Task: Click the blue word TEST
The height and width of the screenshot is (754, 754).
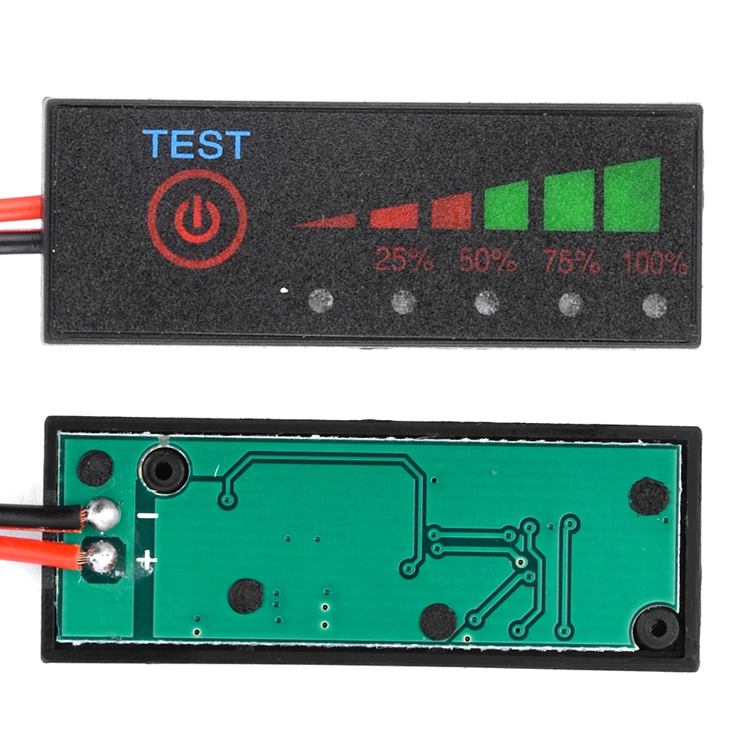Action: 197,143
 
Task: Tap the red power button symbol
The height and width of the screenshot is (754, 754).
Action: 197,219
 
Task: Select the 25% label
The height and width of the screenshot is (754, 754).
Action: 404,260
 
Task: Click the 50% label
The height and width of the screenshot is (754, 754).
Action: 488,260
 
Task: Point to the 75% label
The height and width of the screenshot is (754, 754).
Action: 572,261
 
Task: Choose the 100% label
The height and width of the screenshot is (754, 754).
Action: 655,262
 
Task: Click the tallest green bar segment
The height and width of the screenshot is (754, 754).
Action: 633,195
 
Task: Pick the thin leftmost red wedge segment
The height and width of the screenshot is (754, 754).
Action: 324,221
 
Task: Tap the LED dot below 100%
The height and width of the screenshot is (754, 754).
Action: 655,305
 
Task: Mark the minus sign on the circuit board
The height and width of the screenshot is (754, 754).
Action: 148,516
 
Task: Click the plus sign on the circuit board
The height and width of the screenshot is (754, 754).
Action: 147,560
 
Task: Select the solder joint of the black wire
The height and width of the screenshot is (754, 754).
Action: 102,514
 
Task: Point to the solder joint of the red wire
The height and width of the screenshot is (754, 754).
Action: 102,557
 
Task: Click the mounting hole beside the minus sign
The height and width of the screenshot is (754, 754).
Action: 164,470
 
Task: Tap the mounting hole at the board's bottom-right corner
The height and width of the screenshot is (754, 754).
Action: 657,627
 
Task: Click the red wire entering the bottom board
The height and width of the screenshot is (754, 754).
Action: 38,552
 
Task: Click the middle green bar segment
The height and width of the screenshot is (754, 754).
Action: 569,201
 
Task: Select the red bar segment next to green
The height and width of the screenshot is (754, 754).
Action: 451,210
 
